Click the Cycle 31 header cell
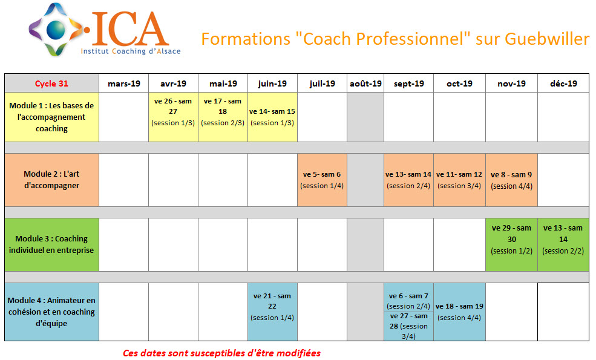click(51, 83)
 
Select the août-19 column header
click(365, 83)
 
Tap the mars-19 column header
click(124, 83)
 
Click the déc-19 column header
click(563, 83)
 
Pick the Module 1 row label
click(51, 117)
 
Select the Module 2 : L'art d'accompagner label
click(51, 180)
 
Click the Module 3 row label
click(51, 244)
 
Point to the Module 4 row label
click(51, 312)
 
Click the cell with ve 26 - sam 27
click(173, 117)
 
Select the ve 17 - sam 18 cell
click(223, 117)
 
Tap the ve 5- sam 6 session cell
click(322, 180)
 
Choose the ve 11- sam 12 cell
click(459, 180)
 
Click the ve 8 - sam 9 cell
click(512, 180)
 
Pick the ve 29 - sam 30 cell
click(512, 244)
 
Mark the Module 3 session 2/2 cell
click(563, 244)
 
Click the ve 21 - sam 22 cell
click(272, 312)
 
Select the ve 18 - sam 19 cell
click(459, 312)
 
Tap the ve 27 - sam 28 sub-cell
click(408, 326)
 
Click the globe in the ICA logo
click(56, 30)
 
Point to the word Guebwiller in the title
click(547, 39)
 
